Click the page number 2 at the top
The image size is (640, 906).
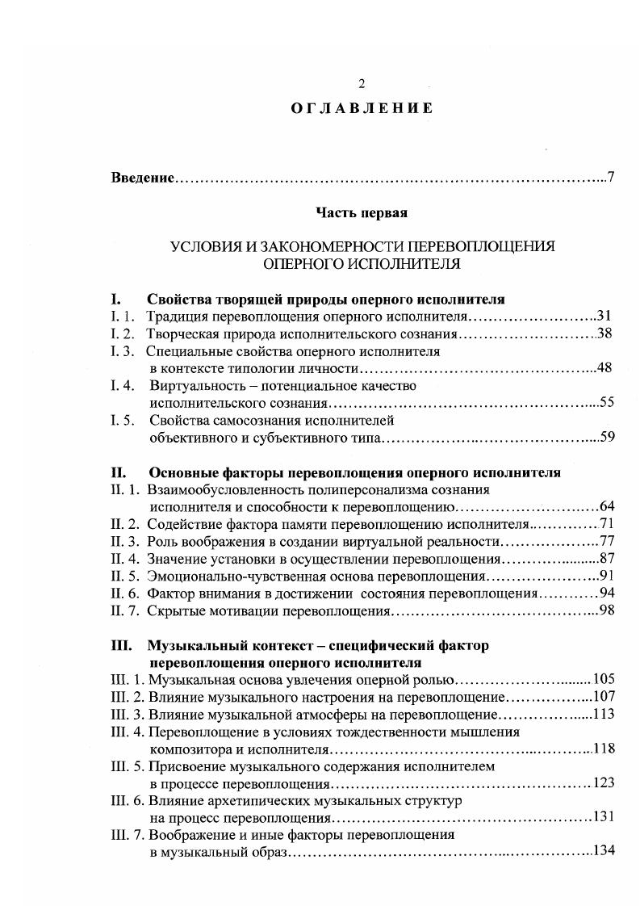362,83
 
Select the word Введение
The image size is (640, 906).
142,177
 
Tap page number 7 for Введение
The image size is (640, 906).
611,177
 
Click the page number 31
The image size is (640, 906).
604,316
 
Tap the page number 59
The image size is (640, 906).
607,438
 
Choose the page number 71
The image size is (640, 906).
608,524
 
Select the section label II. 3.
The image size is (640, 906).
125,541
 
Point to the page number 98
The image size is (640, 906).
607,610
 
